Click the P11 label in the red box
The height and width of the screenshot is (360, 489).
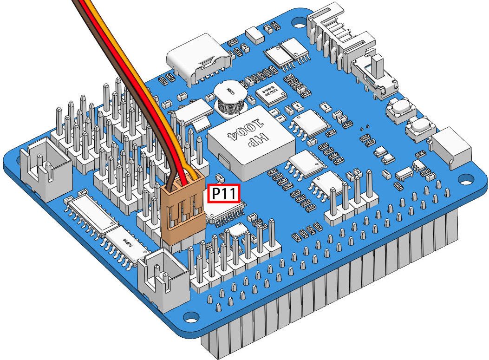click(223, 194)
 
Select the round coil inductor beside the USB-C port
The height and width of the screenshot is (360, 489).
click(230, 99)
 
